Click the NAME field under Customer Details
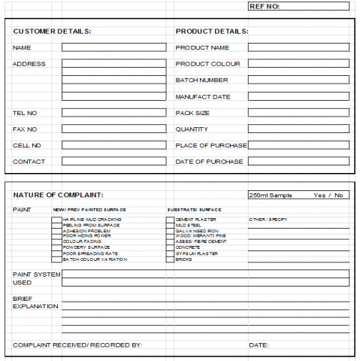pyautogui.click(x=113, y=47)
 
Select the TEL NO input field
pyautogui.click(x=113, y=113)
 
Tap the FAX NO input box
pyautogui.click(x=113, y=129)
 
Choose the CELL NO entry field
pyautogui.click(x=113, y=145)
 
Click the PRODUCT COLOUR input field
pyautogui.click(x=298, y=63)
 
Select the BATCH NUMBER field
pyautogui.click(x=298, y=80)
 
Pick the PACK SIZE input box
pyautogui.click(x=298, y=113)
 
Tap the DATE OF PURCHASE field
pyautogui.click(x=298, y=161)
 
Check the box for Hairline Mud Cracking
pyautogui.click(x=56, y=220)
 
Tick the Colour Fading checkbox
pyautogui.click(x=56, y=241)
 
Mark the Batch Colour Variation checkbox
pyautogui.click(x=56, y=259)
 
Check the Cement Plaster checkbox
pyautogui.click(x=170, y=220)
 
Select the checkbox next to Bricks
pyautogui.click(x=170, y=259)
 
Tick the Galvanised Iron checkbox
pyautogui.click(x=170, y=231)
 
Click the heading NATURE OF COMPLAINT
pyautogui.click(x=58, y=195)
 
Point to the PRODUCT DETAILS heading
pyautogui.click(x=212, y=31)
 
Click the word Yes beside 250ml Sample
pyautogui.click(x=319, y=195)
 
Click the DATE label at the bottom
pyautogui.click(x=259, y=344)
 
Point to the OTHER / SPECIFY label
pyautogui.click(x=268, y=220)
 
